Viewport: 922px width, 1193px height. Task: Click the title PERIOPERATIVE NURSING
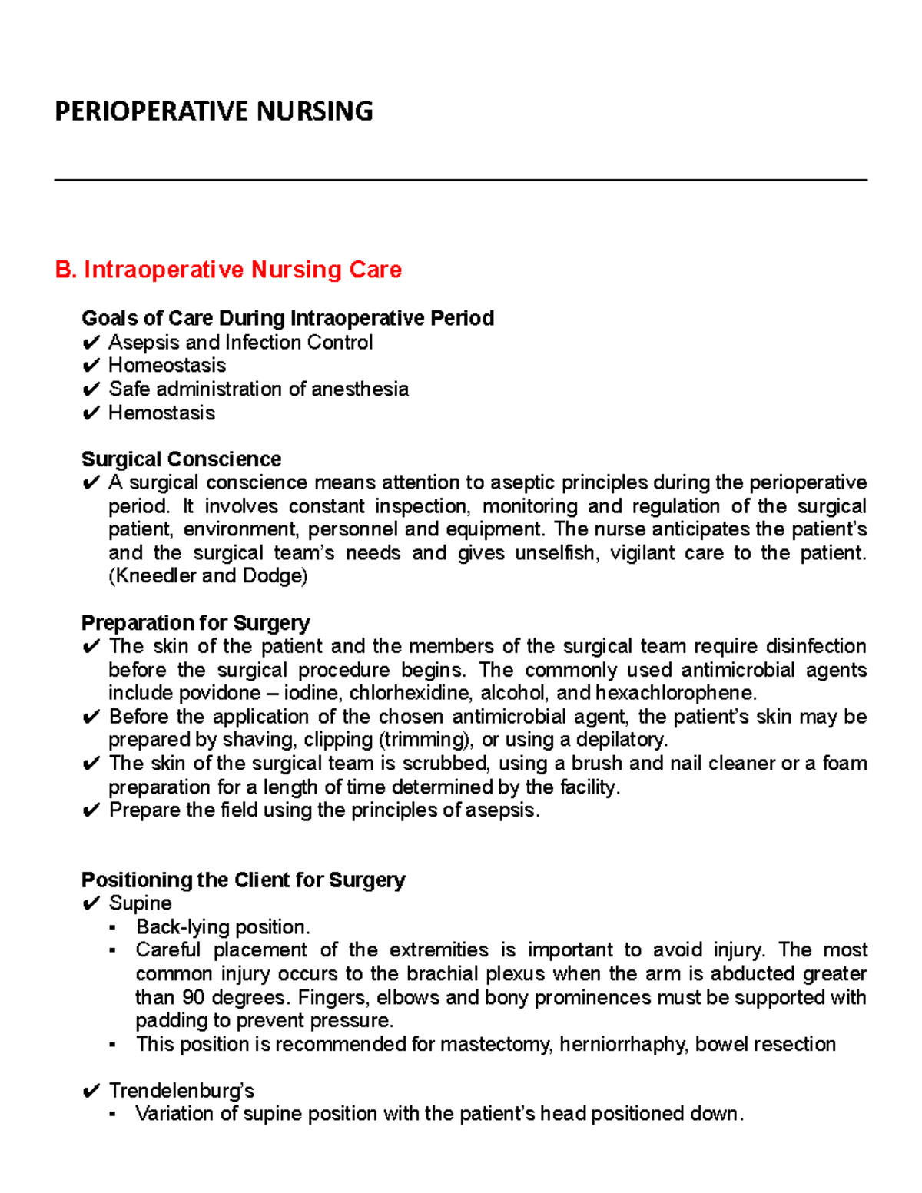[214, 111]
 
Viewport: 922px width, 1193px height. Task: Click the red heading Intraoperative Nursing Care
[242, 270]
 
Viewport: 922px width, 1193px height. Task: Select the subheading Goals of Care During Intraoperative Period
[287, 318]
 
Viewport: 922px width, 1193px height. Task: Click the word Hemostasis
[161, 413]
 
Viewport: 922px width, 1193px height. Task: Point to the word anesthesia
[360, 389]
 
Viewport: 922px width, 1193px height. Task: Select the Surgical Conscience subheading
[181, 459]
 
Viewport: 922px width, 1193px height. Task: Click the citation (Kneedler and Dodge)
[207, 576]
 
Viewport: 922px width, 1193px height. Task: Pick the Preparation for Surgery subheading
[195, 623]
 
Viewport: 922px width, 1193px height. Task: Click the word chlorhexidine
[411, 693]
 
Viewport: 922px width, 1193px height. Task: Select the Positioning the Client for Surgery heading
[243, 880]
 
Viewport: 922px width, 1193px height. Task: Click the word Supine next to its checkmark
[140, 903]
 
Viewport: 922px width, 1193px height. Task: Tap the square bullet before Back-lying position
[113, 927]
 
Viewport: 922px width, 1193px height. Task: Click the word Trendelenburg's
[181, 1091]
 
